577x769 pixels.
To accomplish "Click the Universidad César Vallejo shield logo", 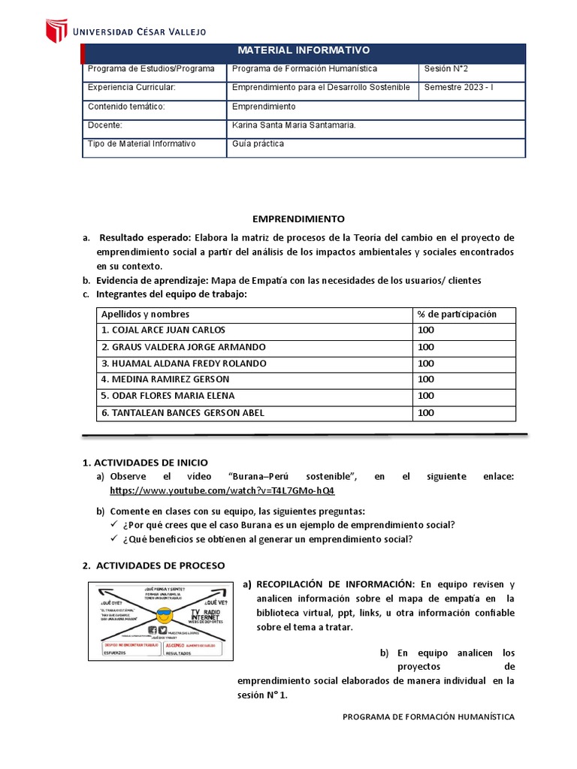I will pyautogui.click(x=57, y=31).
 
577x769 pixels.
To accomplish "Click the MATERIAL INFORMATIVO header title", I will pyautogui.click(x=304, y=50).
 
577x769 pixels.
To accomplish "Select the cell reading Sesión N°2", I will pyautogui.click(x=446, y=68).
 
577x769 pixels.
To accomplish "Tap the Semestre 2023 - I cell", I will pyautogui.click(x=459, y=87).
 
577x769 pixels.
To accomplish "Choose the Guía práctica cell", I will pyautogui.click(x=258, y=143).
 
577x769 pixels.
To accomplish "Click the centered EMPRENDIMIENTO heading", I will pyautogui.click(x=298, y=219).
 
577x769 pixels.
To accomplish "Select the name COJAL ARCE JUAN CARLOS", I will pyautogui.click(x=163, y=330).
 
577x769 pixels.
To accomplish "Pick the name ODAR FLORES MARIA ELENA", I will pyautogui.click(x=168, y=396).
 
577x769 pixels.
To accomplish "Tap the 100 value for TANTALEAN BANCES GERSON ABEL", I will pyautogui.click(x=426, y=413).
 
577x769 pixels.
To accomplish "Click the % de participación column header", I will pyautogui.click(x=456, y=314).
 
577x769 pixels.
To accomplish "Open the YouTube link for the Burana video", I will pyautogui.click(x=222, y=490).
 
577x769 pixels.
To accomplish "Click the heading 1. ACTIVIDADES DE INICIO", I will pyautogui.click(x=144, y=463).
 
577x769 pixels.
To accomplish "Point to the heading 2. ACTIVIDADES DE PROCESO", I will pyautogui.click(x=153, y=565).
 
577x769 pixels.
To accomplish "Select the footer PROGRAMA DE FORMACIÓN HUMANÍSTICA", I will pyautogui.click(x=428, y=717).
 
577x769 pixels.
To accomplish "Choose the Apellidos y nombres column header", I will pyautogui.click(x=145, y=314).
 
